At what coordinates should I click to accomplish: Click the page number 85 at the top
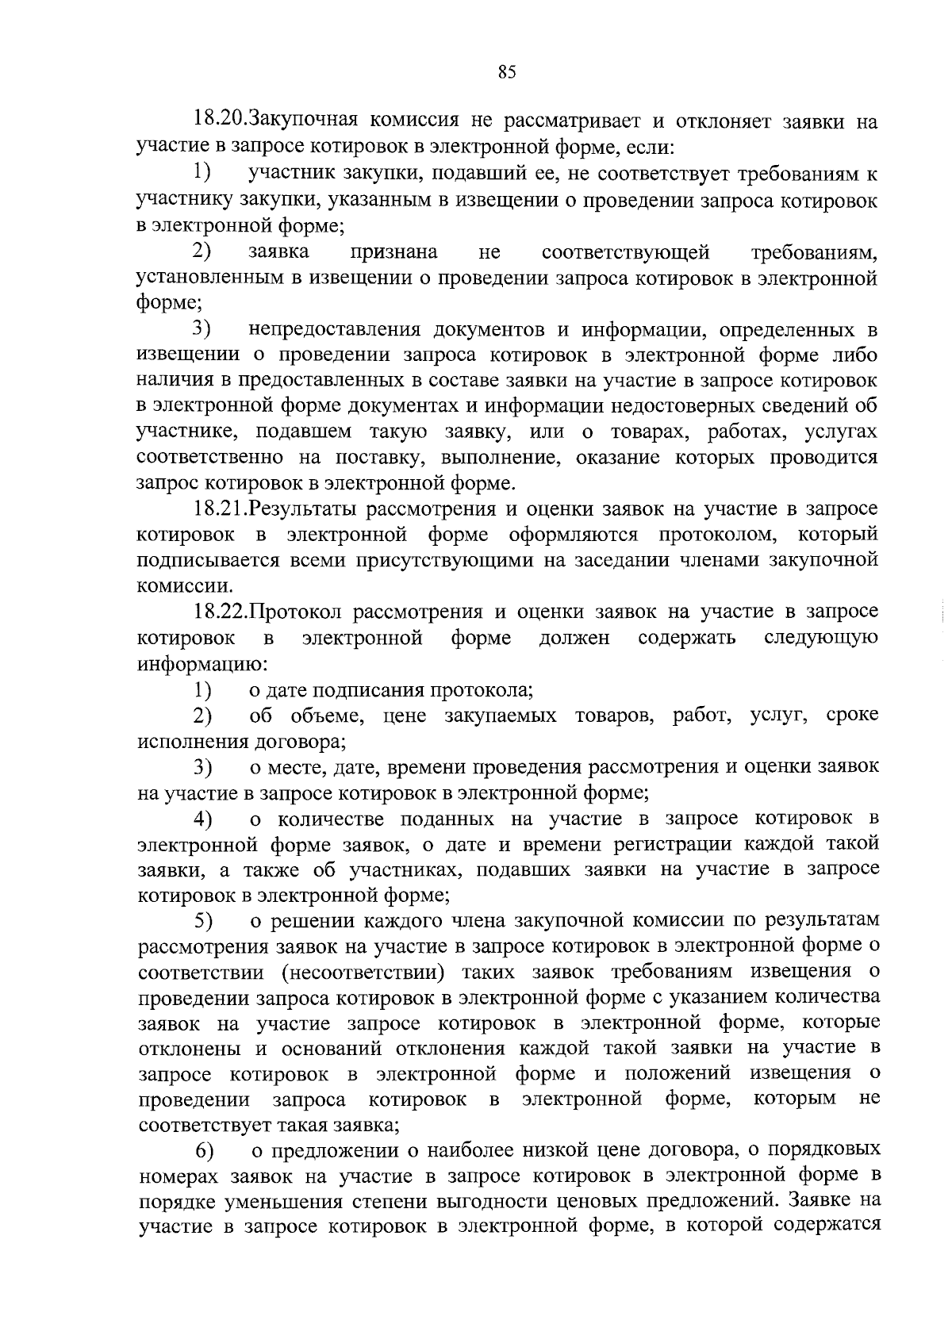pyautogui.click(x=507, y=72)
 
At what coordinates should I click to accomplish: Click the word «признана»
pyautogui.click(x=393, y=252)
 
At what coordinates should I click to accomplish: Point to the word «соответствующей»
pyautogui.click(x=625, y=252)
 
